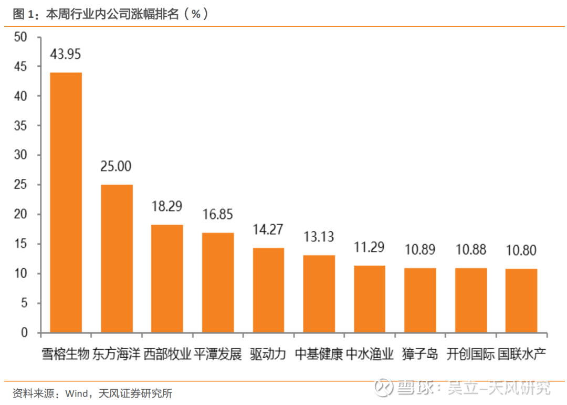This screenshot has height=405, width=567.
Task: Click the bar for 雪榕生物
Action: pos(66,202)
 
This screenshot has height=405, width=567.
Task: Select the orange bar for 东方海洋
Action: pos(117,258)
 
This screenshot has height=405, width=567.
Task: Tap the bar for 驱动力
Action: pos(268,290)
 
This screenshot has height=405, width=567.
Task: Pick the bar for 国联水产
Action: pos(521,300)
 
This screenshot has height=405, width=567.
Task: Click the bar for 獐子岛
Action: pos(420,300)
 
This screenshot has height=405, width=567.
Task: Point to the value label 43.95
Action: pos(66,54)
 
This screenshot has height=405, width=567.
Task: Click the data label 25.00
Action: pos(116,166)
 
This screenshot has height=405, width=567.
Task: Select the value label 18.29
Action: pos(167,206)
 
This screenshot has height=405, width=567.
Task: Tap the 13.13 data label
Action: pos(319,237)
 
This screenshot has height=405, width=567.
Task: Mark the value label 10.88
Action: pos(471,250)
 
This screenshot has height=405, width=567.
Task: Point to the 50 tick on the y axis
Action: pos(21,37)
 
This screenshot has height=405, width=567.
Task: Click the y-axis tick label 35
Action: pos(21,126)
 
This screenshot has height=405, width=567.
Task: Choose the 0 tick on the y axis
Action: pos(24,333)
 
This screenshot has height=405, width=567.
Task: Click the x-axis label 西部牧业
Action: pos(167,353)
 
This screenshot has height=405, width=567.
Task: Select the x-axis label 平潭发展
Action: pos(218,353)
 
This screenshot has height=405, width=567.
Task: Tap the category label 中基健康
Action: pos(319,353)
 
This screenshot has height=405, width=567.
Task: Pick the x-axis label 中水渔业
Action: pos(370,353)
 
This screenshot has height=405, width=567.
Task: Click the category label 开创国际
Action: pos(471,353)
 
